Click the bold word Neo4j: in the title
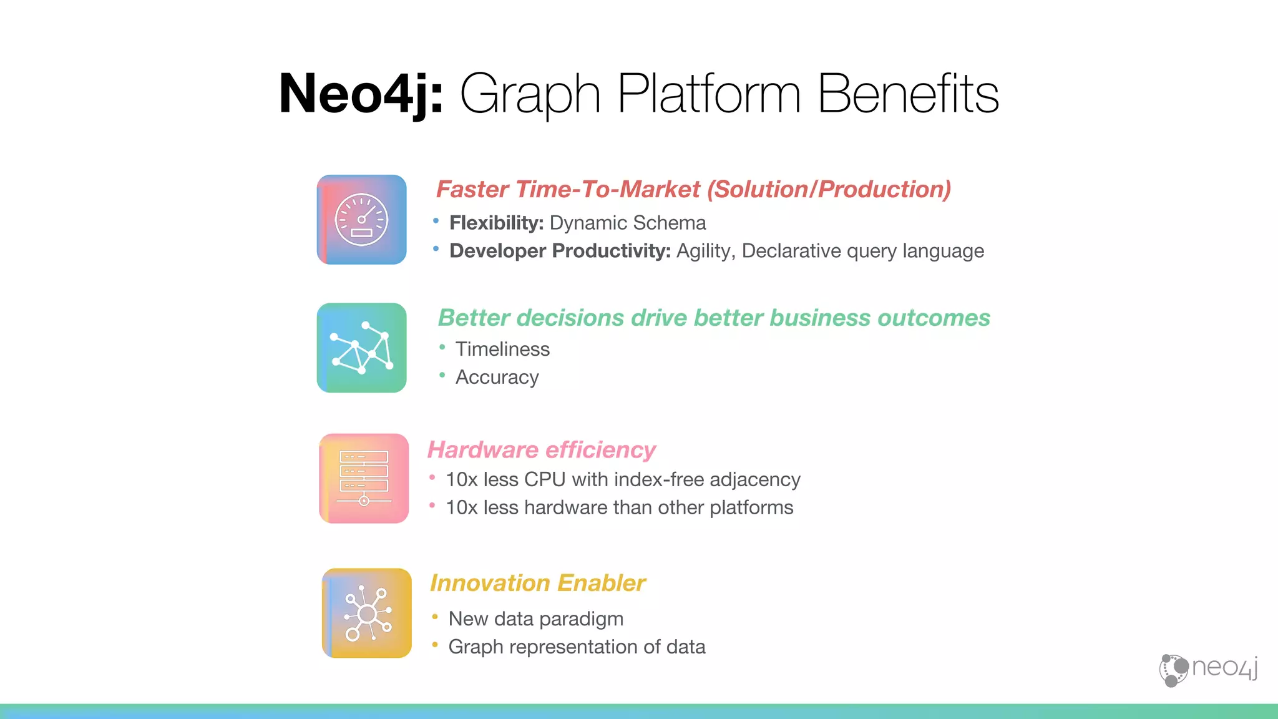pyautogui.click(x=361, y=94)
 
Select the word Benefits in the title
pyautogui.click(x=908, y=94)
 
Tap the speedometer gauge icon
pyautogui.click(x=362, y=220)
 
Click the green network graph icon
pyautogui.click(x=362, y=348)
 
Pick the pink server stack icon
pyautogui.click(x=364, y=479)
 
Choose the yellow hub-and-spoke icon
pyautogui.click(x=367, y=613)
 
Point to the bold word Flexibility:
pyautogui.click(x=497, y=223)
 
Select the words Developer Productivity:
pyautogui.click(x=560, y=251)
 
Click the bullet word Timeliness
pyautogui.click(x=502, y=349)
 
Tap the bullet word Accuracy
pyautogui.click(x=497, y=378)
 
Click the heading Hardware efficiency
pyautogui.click(x=541, y=450)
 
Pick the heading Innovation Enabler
pyautogui.click(x=537, y=583)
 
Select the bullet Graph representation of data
pyautogui.click(x=577, y=647)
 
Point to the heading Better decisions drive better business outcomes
pyautogui.click(x=714, y=318)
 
